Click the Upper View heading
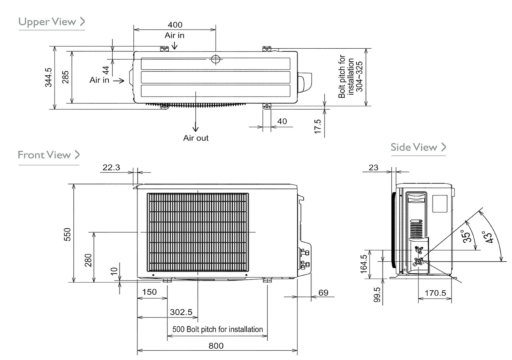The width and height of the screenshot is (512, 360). pos(47,22)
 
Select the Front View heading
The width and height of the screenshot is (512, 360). pos(44,155)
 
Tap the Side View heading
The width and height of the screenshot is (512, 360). pos(414,147)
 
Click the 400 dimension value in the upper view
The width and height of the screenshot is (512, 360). pos(175,25)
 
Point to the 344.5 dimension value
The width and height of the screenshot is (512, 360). pos(48,77)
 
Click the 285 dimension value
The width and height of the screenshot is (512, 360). pos(65,77)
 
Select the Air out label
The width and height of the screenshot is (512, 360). pos(196,138)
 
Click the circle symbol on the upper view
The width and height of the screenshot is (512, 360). pos(215,59)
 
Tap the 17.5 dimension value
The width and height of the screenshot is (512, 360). pos(318,127)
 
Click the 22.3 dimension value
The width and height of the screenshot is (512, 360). pos(111,167)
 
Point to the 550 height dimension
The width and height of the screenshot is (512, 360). pos(68,234)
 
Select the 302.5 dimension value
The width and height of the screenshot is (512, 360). pos(181,312)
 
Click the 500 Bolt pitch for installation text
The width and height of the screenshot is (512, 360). pos(217,329)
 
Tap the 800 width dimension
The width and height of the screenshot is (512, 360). pos(216,346)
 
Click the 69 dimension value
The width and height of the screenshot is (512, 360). pos(323,293)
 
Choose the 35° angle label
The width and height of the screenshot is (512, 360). pos(467,236)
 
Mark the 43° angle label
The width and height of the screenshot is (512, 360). pos(488,237)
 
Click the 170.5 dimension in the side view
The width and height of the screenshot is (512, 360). pos(435,293)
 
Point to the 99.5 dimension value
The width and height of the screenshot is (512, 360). pos(377,295)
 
